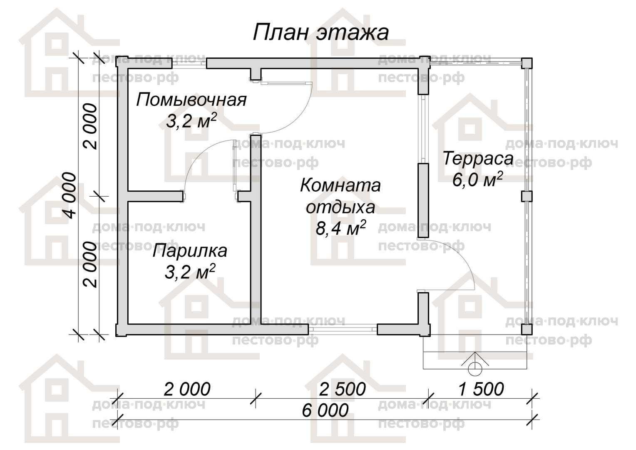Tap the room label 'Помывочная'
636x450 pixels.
(x=191, y=100)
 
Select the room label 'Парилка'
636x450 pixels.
(x=190, y=251)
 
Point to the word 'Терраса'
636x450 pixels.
(x=478, y=159)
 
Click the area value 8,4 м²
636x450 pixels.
(x=340, y=228)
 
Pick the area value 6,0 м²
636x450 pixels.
(x=478, y=180)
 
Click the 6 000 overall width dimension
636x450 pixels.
(x=325, y=410)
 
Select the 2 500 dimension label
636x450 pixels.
(x=342, y=389)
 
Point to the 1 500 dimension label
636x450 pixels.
(x=481, y=389)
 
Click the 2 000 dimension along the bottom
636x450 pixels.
(x=187, y=389)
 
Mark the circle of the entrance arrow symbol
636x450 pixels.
(x=475, y=370)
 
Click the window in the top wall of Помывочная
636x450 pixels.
(x=189, y=63)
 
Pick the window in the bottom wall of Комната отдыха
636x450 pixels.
(x=343, y=329)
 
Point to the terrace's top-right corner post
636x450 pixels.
(x=527, y=63)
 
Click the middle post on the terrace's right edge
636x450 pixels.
(x=527, y=196)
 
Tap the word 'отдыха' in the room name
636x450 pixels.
(x=340, y=207)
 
